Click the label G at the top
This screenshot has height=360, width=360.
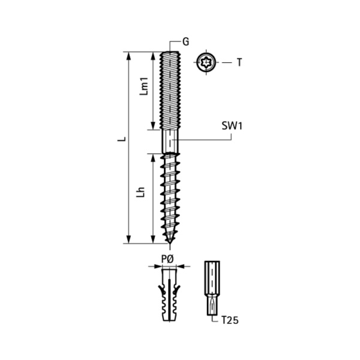tap(185, 42)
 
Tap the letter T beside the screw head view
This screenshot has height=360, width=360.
tap(239, 62)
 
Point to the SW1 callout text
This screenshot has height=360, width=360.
tap(232, 126)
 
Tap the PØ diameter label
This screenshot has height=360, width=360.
tap(167, 259)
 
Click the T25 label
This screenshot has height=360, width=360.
tap(230, 320)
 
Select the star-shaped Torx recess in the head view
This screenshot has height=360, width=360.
tap(206, 62)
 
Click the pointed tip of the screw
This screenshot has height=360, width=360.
tap(170, 243)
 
